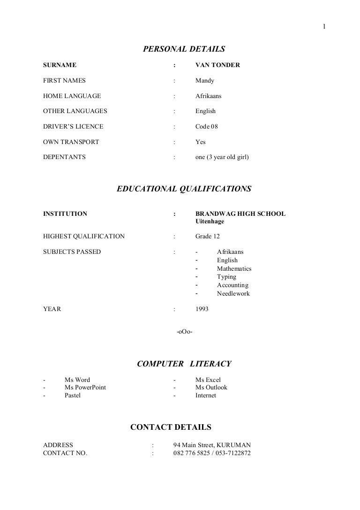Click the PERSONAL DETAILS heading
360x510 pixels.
coord(184,49)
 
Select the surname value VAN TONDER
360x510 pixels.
coord(217,65)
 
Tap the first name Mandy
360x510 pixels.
coord(205,81)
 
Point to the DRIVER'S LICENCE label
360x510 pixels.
coord(73,127)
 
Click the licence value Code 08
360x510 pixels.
coord(207,127)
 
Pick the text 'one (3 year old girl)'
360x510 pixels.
coord(222,157)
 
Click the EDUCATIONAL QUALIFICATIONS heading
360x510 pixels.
coord(184,189)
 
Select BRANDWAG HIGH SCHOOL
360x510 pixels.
coord(240,214)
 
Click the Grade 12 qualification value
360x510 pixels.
coord(208,236)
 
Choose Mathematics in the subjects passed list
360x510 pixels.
coord(234,269)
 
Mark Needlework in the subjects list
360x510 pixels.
coord(233,294)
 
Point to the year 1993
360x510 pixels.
coord(202,309)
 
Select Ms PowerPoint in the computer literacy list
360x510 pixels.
coord(85,388)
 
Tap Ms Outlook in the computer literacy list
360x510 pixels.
coord(211,388)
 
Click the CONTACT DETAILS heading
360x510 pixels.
coord(171,427)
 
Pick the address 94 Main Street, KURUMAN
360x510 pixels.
coord(212,445)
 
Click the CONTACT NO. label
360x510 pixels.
coord(65,453)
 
